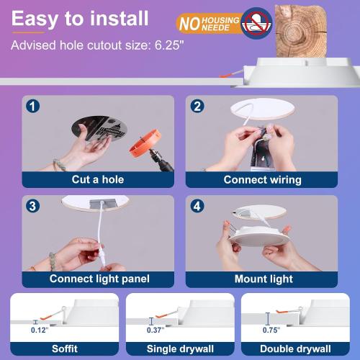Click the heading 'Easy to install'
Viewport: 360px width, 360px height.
pos(81,19)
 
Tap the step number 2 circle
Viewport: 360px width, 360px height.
pos(197,107)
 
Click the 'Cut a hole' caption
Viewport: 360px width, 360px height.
pos(97,179)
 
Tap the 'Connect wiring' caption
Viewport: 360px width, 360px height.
pos(262,179)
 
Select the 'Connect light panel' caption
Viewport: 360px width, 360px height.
pos(97,279)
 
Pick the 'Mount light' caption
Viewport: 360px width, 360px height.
pos(262,279)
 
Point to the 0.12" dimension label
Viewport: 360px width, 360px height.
pos(38,330)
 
